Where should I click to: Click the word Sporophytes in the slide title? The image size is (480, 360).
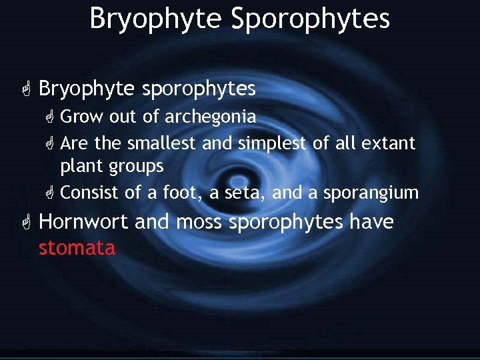(x=310, y=18)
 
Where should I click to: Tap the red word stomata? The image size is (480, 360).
(x=77, y=248)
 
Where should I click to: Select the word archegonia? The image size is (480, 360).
(x=210, y=117)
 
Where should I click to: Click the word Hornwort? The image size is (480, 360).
(x=83, y=222)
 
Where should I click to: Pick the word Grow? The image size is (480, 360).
(x=81, y=117)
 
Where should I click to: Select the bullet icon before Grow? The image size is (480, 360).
(x=49, y=117)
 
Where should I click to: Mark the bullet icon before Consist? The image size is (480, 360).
(x=49, y=193)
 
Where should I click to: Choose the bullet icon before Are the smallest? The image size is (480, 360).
(x=49, y=143)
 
